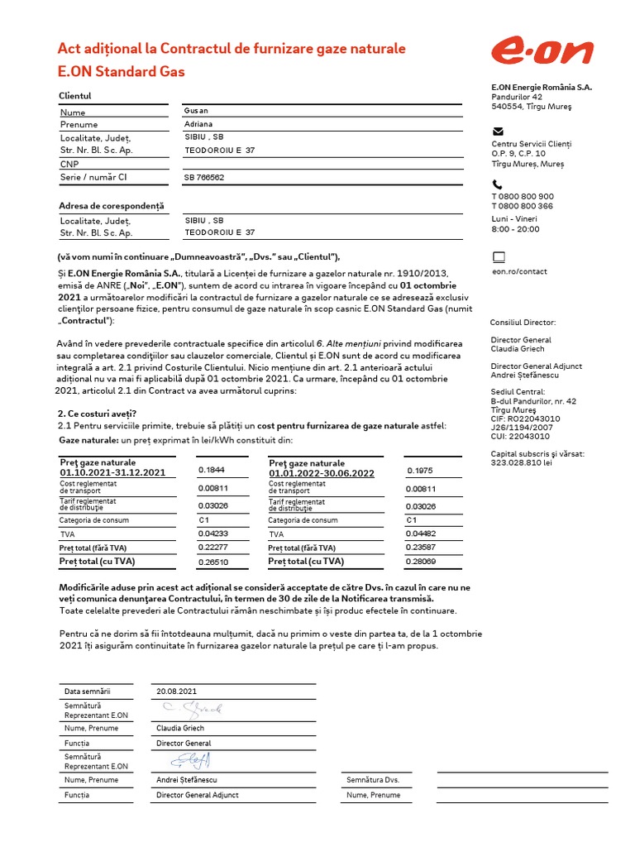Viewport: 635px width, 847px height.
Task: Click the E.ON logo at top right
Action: click(542, 52)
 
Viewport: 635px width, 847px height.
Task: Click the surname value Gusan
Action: click(196, 111)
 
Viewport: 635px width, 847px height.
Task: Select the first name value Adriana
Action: click(198, 124)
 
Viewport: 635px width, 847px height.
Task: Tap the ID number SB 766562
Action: click(203, 177)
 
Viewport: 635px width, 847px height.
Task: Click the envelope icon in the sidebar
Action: click(498, 131)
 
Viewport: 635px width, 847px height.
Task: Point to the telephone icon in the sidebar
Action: click(497, 184)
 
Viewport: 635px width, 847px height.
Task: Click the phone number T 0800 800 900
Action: click(523, 197)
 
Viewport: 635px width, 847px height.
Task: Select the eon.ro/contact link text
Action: click(519, 271)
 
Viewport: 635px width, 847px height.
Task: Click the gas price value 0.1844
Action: click(211, 469)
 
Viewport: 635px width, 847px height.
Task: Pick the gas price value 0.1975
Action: click(420, 471)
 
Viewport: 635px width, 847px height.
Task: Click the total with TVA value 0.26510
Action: click(212, 562)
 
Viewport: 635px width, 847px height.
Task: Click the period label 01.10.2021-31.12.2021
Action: click(112, 473)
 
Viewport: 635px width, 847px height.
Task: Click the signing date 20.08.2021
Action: click(177, 691)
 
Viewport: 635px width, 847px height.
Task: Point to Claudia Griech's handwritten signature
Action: click(192, 708)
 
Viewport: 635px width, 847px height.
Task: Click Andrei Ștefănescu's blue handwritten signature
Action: click(191, 759)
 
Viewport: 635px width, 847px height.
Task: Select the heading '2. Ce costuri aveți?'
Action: click(97, 413)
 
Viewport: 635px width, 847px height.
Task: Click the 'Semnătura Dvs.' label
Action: click(373, 780)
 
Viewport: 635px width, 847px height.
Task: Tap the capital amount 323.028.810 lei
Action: click(522, 462)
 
